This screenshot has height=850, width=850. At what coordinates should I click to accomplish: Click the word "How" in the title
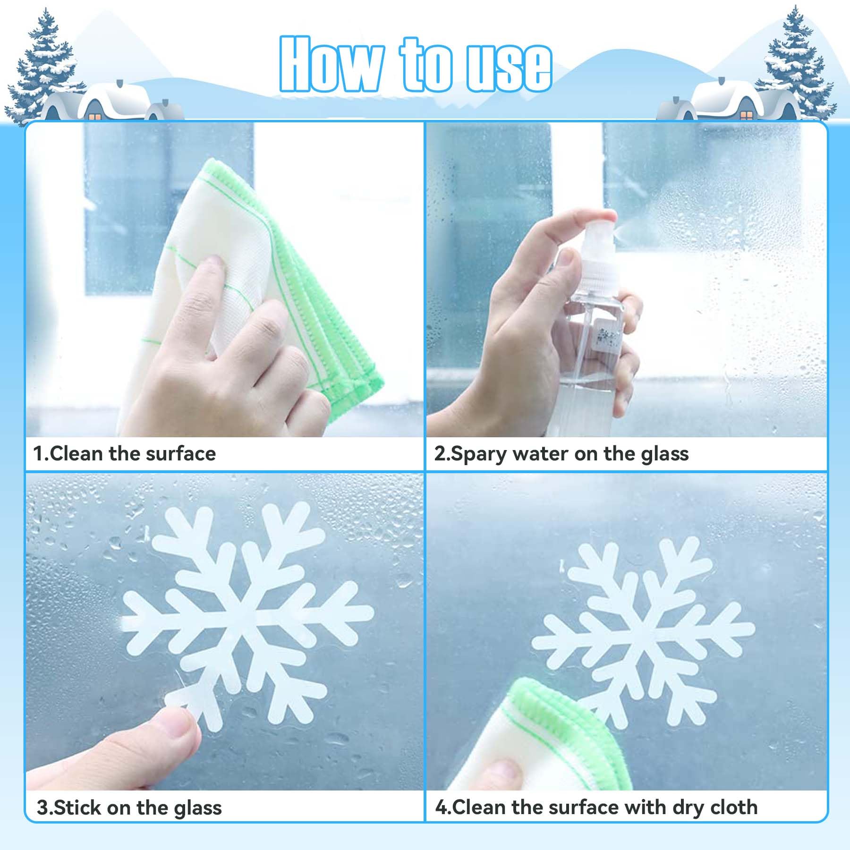pos(331,64)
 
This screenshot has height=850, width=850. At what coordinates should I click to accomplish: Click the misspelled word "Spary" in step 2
pos(478,454)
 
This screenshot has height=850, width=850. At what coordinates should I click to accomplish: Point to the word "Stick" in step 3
pos(78,807)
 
